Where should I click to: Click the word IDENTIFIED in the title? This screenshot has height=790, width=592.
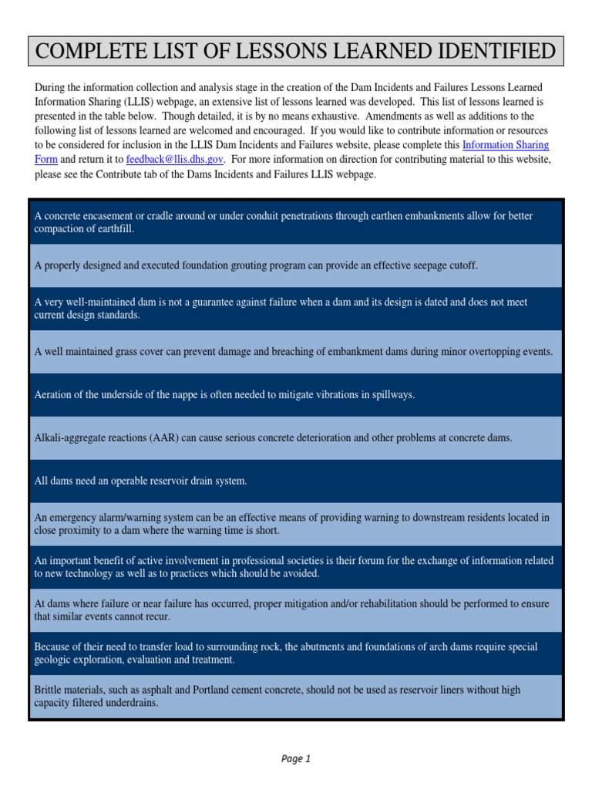point(495,52)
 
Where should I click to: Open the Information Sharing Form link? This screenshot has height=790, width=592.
point(505,145)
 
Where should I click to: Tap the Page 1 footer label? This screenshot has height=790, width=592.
point(296,758)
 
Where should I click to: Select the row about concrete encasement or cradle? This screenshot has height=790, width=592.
point(296,223)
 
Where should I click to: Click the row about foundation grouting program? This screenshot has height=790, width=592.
point(296,265)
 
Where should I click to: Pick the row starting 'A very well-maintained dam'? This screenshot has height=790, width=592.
point(296,309)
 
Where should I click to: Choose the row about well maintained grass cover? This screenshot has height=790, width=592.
point(296,352)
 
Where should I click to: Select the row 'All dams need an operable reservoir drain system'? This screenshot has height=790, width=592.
point(296,481)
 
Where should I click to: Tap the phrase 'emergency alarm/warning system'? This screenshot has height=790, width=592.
point(121,518)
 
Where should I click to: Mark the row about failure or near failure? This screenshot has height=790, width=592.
point(296,610)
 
